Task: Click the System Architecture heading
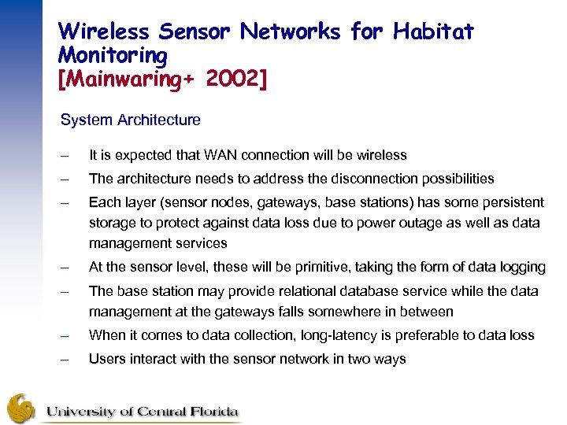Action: point(131,120)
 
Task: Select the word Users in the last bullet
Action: point(106,360)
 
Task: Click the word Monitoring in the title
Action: point(113,55)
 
